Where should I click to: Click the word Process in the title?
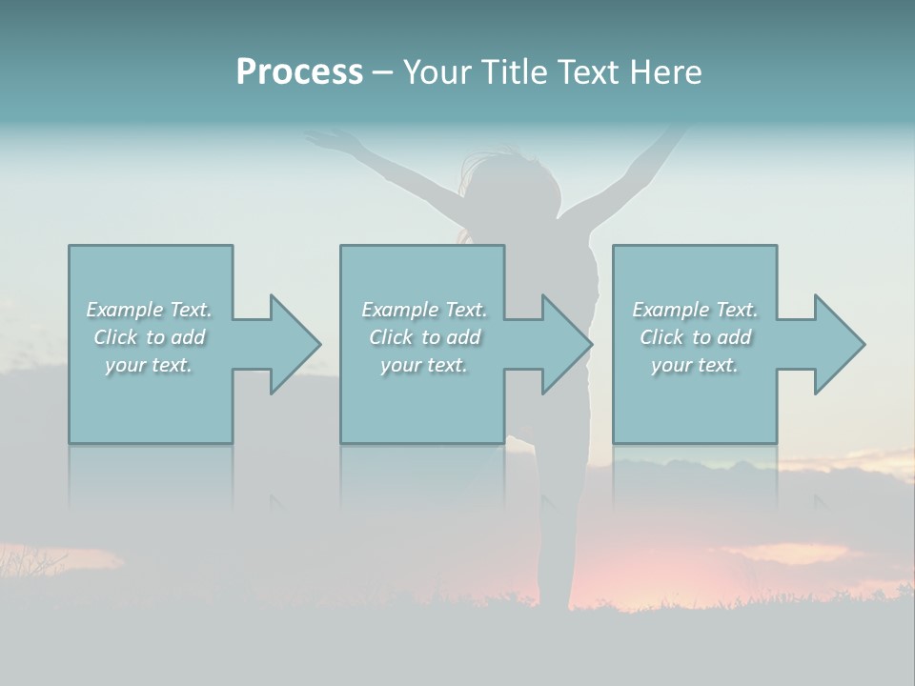click(x=299, y=72)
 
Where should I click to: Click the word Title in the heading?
click(x=510, y=72)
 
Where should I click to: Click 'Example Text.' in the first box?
click(x=149, y=310)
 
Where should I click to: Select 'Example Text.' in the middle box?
click(x=424, y=310)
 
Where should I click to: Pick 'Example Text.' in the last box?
click(x=695, y=310)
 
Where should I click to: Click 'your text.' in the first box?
click(x=149, y=365)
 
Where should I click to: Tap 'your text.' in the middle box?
click(x=424, y=365)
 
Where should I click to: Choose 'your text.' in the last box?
click(x=695, y=365)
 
